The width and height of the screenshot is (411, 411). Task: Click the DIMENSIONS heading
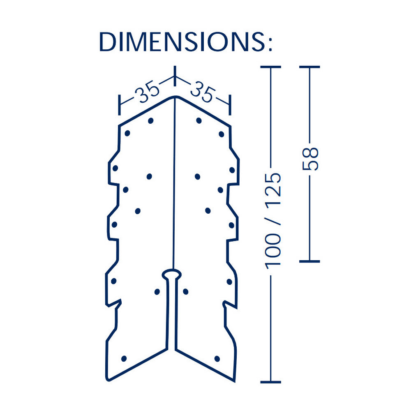tap(186, 42)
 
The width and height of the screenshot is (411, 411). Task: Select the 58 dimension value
tap(310, 159)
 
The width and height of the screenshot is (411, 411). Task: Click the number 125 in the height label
tap(273, 185)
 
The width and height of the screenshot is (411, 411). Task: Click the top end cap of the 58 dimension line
tap(309, 67)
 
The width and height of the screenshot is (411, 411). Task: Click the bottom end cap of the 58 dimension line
tap(309, 261)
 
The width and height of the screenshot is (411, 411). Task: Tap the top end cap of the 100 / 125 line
tap(271, 67)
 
